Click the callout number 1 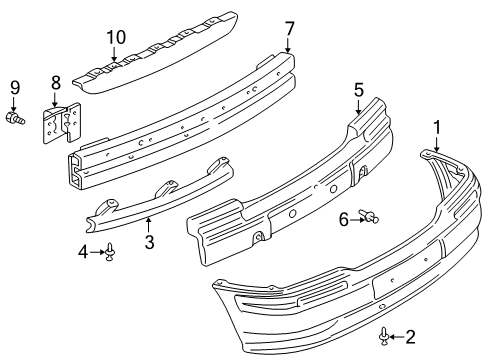click(x=435, y=128)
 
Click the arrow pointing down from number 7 click(x=288, y=45)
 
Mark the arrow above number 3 click(x=147, y=223)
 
